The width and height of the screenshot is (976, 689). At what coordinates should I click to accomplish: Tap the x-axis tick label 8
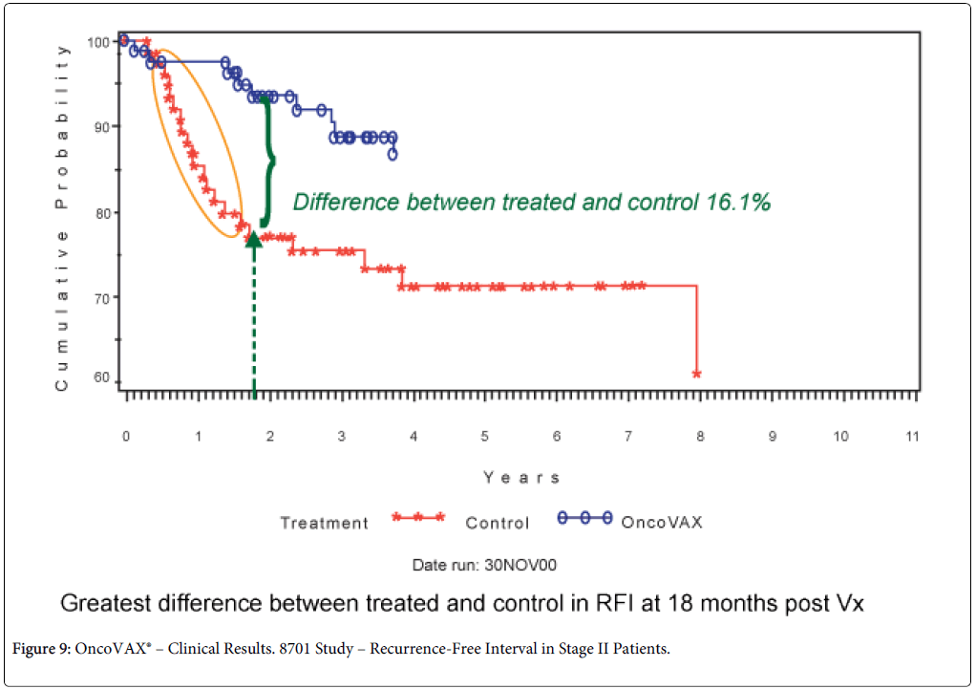pyautogui.click(x=699, y=437)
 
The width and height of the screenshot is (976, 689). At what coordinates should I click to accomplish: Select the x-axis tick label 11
pyautogui.click(x=912, y=437)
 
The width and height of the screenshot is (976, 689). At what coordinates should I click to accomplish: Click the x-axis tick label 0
pyautogui.click(x=125, y=437)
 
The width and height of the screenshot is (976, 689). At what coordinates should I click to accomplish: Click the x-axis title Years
pyautogui.click(x=521, y=477)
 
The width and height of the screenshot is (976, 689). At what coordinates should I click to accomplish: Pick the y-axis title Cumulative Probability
pyautogui.click(x=62, y=217)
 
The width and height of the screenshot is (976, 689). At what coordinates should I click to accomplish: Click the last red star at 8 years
pyautogui.click(x=697, y=374)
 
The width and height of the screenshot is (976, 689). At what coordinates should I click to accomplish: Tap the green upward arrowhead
pyautogui.click(x=254, y=238)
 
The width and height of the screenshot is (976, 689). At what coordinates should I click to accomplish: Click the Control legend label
pyautogui.click(x=497, y=523)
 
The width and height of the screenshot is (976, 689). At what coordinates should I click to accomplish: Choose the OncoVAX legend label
pyautogui.click(x=662, y=522)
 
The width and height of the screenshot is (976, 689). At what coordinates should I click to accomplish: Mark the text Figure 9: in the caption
pyautogui.click(x=41, y=650)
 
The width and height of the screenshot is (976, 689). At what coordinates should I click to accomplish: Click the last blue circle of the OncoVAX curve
pyautogui.click(x=393, y=154)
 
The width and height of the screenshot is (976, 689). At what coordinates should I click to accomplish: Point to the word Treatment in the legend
pyautogui.click(x=324, y=523)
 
